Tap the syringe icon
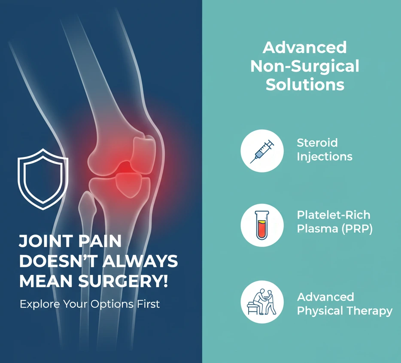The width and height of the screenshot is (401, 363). point(262,151)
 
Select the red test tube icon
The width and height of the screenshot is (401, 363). point(262,225)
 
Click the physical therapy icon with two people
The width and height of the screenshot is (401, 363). point(262,302)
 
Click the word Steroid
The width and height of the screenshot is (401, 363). point(317,142)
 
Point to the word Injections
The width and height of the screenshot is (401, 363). point(325,157)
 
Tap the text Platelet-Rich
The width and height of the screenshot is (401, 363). point(334,215)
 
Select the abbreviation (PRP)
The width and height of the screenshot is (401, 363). point(357,229)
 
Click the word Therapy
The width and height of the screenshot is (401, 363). point(370,311)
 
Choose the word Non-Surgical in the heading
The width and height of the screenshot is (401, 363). point(305,66)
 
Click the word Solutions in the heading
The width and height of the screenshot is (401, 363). point(305,85)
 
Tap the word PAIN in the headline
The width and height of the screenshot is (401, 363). point(100,241)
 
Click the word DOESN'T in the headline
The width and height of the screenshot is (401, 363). point(58,261)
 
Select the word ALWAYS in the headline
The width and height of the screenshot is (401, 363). point(140,261)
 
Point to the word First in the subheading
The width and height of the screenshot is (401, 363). point(148,304)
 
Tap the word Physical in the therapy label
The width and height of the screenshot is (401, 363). point(320,311)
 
